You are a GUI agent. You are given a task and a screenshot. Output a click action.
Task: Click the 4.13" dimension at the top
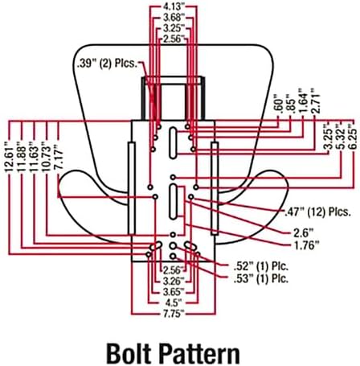coord(174,6)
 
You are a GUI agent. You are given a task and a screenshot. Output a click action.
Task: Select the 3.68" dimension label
coord(174,18)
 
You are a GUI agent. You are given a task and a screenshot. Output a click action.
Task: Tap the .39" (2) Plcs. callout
coord(107,64)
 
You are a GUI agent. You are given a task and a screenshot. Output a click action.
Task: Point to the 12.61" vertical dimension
coord(9,159)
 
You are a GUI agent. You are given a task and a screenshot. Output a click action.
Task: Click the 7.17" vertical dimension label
coord(59,157)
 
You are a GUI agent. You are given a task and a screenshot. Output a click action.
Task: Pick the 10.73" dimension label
coord(46,159)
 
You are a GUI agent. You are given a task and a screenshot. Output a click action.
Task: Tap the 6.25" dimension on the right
coord(354,137)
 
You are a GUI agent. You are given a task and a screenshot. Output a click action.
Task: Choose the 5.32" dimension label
coord(341,137)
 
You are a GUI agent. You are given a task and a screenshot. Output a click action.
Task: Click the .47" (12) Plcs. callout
coord(317,212)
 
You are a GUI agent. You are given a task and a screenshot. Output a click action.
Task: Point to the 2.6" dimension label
coord(303,232)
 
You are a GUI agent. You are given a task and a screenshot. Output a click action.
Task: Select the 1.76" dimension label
coord(306,245)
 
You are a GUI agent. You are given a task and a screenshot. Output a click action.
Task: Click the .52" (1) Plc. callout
coord(261,266)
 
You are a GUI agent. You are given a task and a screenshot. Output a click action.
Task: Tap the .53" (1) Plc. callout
coord(261,279)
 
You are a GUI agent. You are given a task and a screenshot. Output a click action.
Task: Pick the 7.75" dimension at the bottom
coord(174,314)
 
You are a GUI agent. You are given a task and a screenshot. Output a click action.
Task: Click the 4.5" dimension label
coord(174,302)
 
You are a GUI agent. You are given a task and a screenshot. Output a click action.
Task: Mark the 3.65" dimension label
coord(174,291)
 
